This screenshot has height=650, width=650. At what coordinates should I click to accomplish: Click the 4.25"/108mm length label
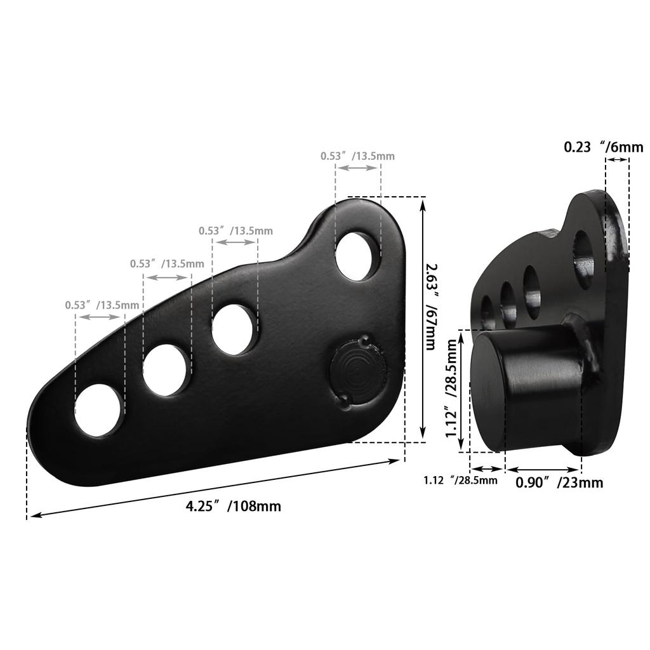click(x=233, y=507)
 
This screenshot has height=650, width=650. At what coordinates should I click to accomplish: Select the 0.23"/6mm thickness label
click(x=604, y=147)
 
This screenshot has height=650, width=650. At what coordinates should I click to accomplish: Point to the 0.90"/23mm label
click(x=559, y=483)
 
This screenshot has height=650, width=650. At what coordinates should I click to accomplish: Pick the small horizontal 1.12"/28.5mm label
click(x=461, y=480)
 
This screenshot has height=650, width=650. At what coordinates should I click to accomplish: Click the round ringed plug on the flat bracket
click(x=358, y=373)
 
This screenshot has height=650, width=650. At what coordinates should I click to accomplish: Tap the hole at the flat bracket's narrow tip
click(x=98, y=409)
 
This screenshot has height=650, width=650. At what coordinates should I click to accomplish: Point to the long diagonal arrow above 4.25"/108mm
click(x=215, y=487)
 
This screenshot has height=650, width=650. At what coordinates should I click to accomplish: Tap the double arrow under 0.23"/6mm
click(x=617, y=160)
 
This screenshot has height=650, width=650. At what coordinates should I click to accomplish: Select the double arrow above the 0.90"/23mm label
click(x=543, y=470)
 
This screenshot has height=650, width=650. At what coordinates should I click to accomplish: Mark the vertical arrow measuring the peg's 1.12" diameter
click(x=463, y=391)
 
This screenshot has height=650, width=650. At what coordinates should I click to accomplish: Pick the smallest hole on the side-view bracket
click(x=487, y=312)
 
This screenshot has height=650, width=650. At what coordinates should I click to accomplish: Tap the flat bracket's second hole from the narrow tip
click(x=166, y=370)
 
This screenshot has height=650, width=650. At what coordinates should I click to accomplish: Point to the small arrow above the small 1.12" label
click(x=486, y=470)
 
